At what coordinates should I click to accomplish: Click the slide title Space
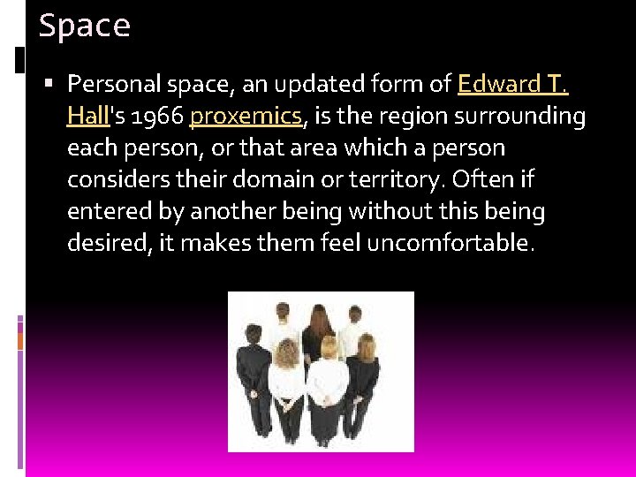[x=85, y=26]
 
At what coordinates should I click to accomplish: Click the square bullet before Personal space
[x=50, y=84]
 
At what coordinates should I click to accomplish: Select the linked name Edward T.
[x=513, y=84]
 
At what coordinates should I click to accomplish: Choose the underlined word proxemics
[x=246, y=116]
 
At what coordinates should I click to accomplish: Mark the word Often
[x=477, y=179]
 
